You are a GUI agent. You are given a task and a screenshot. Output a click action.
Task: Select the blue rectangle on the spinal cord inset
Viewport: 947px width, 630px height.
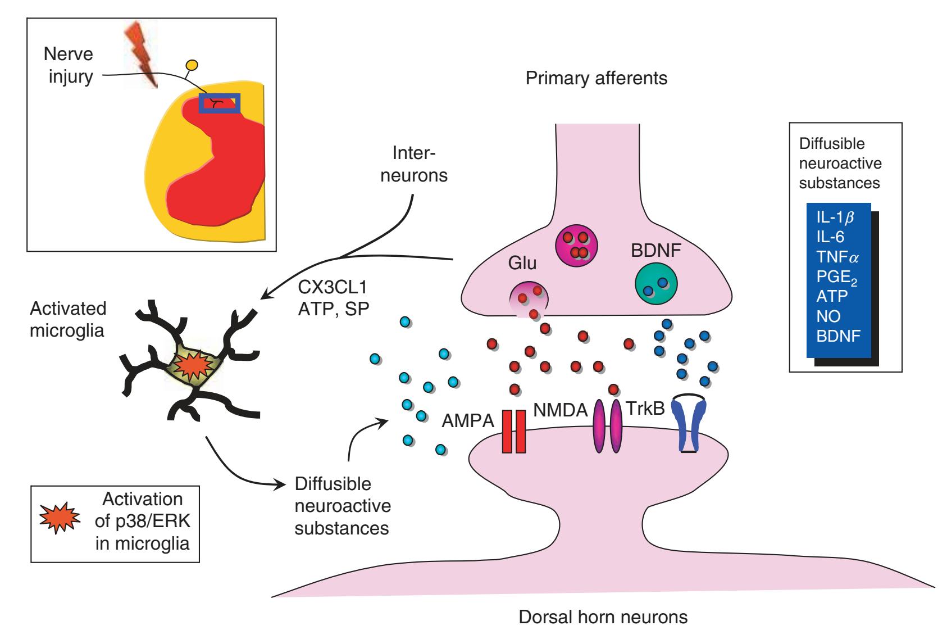220,103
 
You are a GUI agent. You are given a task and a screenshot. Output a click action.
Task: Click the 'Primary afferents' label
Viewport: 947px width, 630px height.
596,78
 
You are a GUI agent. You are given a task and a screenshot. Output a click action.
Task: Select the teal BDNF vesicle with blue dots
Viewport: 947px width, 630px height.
655,285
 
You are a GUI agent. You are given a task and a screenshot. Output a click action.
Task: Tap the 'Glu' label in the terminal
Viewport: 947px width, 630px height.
522,263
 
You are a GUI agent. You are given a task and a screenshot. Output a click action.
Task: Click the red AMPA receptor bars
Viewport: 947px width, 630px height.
513,432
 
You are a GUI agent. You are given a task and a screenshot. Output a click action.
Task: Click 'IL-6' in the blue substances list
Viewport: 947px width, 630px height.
830,237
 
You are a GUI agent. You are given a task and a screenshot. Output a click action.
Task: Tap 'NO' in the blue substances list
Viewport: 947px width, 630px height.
828,316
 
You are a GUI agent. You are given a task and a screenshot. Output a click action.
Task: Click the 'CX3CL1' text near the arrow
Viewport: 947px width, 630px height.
332,288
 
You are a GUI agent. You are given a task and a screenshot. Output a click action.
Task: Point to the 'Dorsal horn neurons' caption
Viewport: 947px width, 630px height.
603,617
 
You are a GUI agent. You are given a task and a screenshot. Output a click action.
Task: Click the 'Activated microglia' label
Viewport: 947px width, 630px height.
67,319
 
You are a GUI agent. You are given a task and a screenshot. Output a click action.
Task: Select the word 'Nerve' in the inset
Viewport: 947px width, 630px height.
68,55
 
